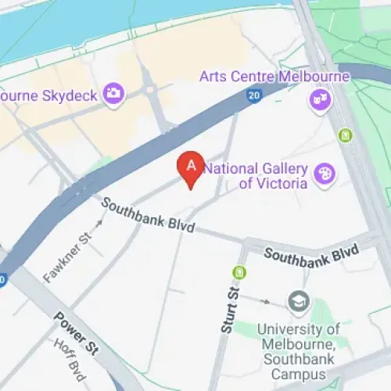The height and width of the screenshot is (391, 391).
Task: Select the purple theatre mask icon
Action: point(318,99)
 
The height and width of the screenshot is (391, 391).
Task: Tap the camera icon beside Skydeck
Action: point(114,93)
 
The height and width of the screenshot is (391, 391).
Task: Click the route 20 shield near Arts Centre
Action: point(253,95)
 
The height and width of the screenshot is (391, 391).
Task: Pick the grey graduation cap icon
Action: point(297,300)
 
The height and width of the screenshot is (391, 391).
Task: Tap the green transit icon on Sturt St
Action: point(239,272)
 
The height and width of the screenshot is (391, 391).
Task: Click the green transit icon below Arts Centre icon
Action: point(346,135)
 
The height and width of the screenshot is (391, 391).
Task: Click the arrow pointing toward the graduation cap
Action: point(267,300)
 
